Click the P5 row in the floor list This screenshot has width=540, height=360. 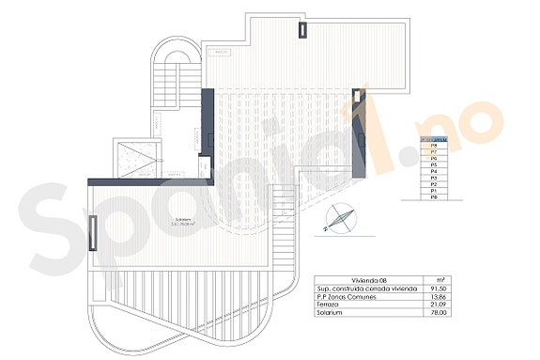click(434, 166)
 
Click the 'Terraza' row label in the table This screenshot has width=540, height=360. click(328, 305)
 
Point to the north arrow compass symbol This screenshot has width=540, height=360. click(339, 219)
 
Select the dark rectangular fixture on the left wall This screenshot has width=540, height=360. click(92, 230)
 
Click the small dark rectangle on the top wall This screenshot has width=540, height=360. click(302, 28)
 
